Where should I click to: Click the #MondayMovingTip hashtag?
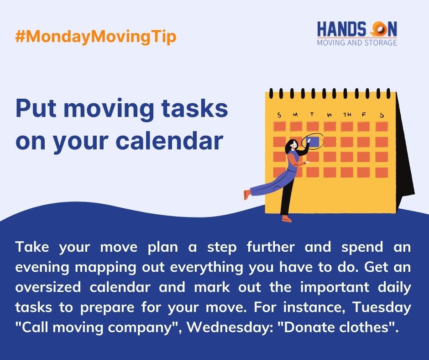95,37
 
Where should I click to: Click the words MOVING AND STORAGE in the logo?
356,43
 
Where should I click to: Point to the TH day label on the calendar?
347,114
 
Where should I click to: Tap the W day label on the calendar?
330,114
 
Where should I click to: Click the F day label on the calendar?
364,114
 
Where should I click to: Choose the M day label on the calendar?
296,114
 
